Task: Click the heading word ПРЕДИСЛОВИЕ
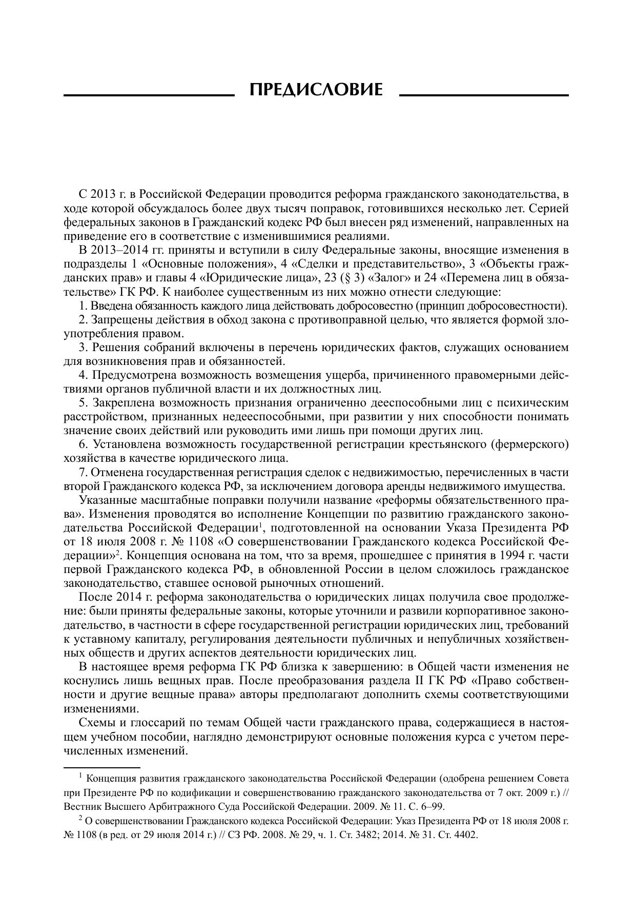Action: tap(316, 90)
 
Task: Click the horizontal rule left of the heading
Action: tap(148, 95)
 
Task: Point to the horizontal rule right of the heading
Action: tap(483, 95)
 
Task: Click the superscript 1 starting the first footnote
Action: tap(81, 776)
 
